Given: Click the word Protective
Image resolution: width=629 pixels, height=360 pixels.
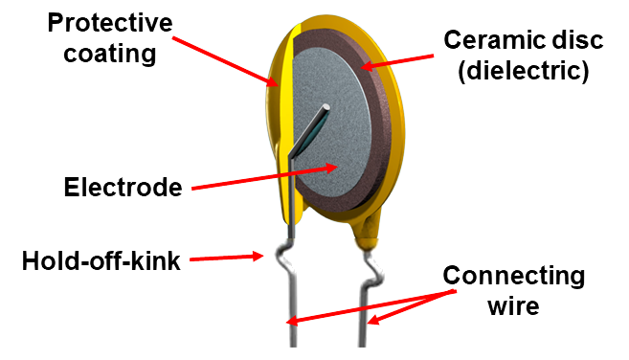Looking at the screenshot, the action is click(110, 23).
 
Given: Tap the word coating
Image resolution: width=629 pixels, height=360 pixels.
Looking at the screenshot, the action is click(110, 54).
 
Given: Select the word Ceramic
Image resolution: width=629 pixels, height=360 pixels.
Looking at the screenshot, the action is click(493, 40).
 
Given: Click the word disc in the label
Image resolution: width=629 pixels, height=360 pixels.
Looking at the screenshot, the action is click(575, 40).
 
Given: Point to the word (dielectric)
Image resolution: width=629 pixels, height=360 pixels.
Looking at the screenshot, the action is click(524, 71).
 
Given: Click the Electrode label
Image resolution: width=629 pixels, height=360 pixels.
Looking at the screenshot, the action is click(123, 187).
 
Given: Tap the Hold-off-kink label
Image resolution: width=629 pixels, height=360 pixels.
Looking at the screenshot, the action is click(101, 260).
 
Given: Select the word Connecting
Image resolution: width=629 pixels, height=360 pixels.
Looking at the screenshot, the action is click(514, 276).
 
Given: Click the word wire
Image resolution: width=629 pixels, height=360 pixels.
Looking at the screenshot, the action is click(513, 305).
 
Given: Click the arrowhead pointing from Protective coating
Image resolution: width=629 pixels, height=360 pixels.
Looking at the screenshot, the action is click(272, 81).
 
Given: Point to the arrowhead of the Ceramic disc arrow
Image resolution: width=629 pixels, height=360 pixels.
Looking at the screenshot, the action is click(367, 64).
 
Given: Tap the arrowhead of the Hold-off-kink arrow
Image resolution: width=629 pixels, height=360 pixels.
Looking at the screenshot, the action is click(258, 256).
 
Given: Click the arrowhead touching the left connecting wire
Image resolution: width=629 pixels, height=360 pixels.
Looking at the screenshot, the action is click(292, 321).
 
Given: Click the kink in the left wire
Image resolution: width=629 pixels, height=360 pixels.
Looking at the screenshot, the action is click(285, 259).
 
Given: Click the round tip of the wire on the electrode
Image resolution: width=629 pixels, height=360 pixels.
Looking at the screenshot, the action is click(326, 107).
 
